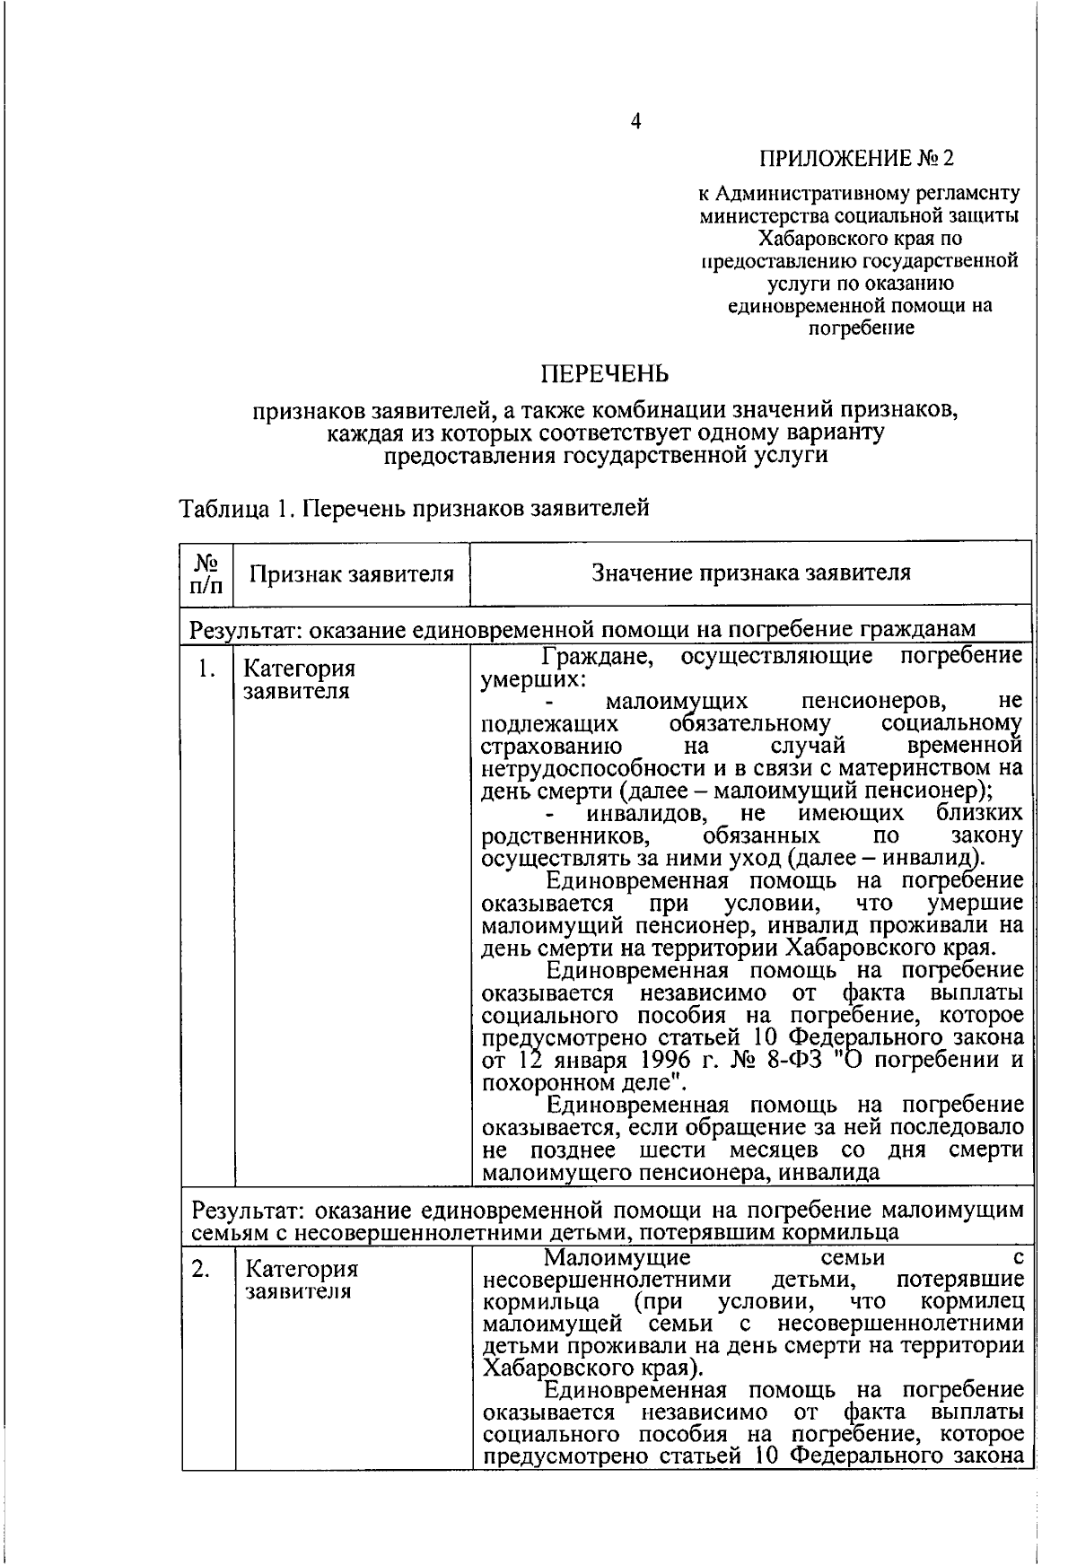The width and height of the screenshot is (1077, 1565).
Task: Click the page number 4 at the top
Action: [635, 122]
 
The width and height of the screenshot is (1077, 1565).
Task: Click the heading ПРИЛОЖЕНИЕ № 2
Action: [856, 159]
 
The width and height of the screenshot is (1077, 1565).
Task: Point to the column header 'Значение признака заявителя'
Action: [750, 573]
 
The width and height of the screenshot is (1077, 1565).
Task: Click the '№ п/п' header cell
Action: [206, 573]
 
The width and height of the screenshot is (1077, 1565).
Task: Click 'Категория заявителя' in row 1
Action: [300, 680]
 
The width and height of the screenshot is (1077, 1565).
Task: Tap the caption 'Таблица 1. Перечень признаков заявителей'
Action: [414, 509]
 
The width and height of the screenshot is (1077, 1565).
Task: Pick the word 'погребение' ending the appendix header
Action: [862, 328]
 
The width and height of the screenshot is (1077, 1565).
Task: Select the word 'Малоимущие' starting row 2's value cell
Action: [617, 1256]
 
